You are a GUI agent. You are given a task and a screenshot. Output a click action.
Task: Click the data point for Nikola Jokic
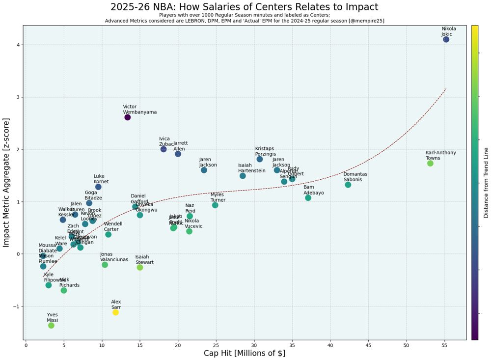pyautogui.click(x=446, y=39)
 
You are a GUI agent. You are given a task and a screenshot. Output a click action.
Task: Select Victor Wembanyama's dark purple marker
pyautogui.click(x=128, y=117)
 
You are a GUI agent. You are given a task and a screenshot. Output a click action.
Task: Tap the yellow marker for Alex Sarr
pyautogui.click(x=115, y=312)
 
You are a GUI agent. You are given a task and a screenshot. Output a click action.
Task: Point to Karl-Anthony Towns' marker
pyautogui.click(x=430, y=164)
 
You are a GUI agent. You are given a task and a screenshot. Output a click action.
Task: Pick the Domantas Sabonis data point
pyautogui.click(x=348, y=185)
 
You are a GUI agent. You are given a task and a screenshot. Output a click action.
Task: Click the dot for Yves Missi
pyautogui.click(x=51, y=326)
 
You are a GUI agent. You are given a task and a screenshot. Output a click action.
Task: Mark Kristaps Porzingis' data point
pyautogui.click(x=260, y=159)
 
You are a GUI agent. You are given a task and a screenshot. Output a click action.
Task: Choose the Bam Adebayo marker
pyautogui.click(x=308, y=198)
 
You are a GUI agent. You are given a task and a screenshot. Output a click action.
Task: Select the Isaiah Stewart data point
pyautogui.click(x=140, y=268)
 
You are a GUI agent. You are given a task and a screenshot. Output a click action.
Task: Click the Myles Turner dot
pyautogui.click(x=215, y=205)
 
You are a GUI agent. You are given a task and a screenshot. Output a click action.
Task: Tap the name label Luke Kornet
pyautogui.click(x=101, y=179)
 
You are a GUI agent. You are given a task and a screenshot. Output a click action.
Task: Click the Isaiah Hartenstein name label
pyautogui.click(x=251, y=168)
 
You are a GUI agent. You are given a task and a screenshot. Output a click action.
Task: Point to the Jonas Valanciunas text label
pyautogui.click(x=114, y=257)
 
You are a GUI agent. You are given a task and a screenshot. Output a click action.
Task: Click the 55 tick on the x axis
pyautogui.click(x=444, y=346)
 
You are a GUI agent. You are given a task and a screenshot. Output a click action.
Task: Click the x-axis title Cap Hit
pyautogui.click(x=245, y=354)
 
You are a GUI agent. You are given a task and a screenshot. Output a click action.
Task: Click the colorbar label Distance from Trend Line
pyautogui.click(x=486, y=182)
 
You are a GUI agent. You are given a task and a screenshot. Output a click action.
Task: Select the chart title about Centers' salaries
pyautogui.click(x=245, y=7)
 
